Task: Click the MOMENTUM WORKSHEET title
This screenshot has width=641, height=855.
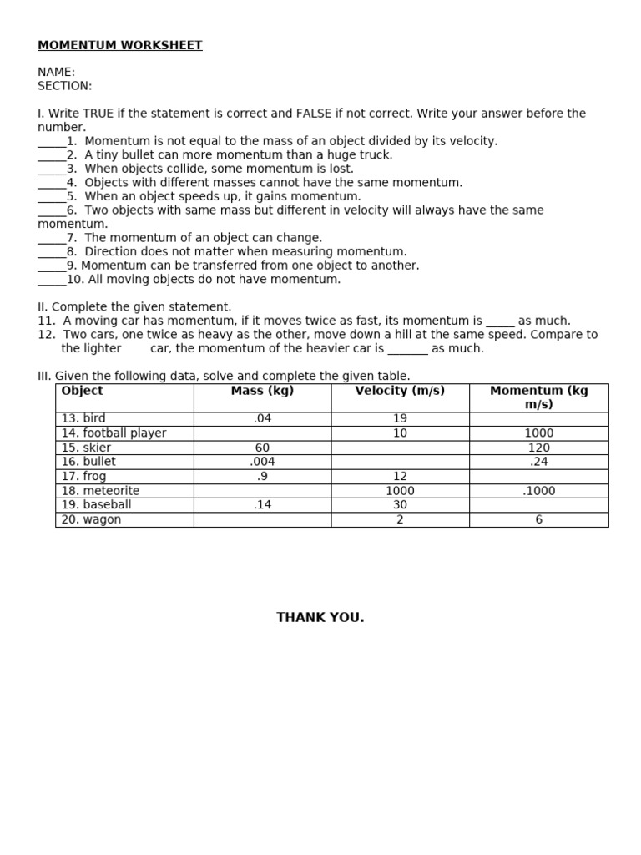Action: click(x=120, y=45)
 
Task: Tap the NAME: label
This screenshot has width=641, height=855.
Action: click(x=56, y=73)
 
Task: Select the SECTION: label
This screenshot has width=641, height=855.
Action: click(x=65, y=86)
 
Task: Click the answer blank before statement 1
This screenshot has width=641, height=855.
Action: click(x=51, y=143)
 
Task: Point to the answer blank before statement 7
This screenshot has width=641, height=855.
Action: click(x=51, y=240)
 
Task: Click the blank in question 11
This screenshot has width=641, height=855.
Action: click(x=500, y=322)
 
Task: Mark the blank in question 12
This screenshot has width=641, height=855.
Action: click(x=407, y=350)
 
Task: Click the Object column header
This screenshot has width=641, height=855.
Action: click(x=83, y=391)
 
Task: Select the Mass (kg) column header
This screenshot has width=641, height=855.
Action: click(x=262, y=391)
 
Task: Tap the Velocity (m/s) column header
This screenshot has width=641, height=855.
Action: click(x=400, y=391)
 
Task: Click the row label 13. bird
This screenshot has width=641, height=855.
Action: click(x=83, y=418)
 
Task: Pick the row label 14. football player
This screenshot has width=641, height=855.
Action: click(x=114, y=433)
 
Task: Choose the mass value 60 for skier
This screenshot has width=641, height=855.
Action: click(x=262, y=448)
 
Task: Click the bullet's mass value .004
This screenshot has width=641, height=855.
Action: click(x=262, y=462)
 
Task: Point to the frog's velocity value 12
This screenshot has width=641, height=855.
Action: click(x=400, y=477)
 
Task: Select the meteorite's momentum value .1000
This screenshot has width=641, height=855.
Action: click(x=538, y=491)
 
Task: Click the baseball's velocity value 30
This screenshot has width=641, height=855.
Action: click(x=400, y=505)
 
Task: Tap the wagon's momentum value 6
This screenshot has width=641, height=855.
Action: click(x=538, y=519)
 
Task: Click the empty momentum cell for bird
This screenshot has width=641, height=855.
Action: click(x=538, y=418)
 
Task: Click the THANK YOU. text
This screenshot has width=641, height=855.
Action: click(x=320, y=618)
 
